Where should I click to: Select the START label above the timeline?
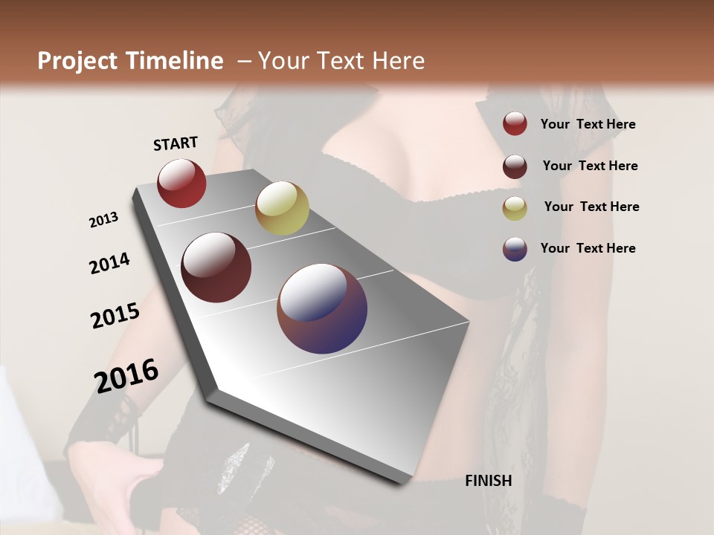point(176,143)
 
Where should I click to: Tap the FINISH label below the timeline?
point(489,481)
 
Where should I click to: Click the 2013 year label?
point(104,219)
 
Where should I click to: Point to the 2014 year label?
point(109,263)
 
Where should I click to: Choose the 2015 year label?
point(115,316)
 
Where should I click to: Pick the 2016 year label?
point(126,375)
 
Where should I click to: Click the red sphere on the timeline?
point(181,183)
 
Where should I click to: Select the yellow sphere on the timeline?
point(282,208)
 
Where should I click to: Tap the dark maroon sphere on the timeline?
point(216,267)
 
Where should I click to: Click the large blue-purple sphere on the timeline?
point(322,308)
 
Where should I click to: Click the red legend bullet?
point(515,123)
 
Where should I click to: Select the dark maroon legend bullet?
point(515,166)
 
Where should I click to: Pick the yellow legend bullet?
point(515,208)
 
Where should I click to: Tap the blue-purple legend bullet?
point(515,249)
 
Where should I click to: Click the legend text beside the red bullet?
point(588,124)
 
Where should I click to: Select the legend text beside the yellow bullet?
point(591,207)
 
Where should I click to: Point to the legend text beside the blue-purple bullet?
point(588,248)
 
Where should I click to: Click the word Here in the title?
point(398,61)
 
